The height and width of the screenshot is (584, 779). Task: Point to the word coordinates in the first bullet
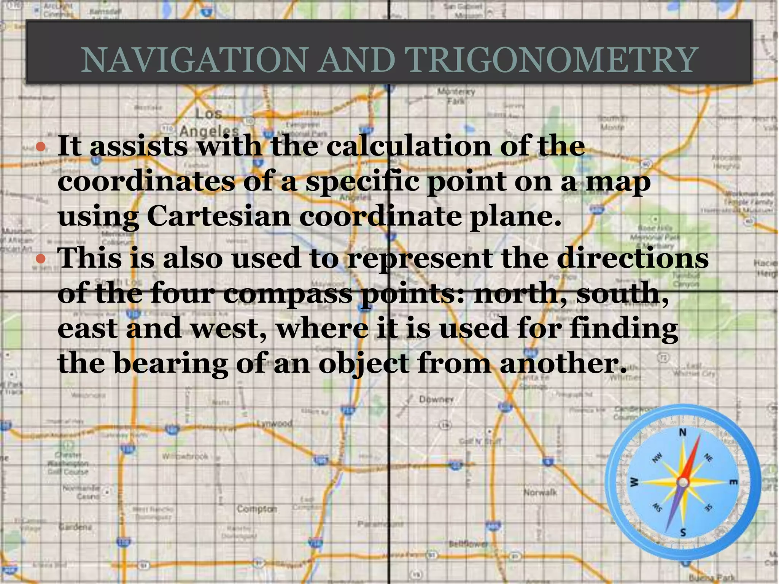[x=146, y=181]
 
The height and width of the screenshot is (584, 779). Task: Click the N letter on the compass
[x=683, y=432]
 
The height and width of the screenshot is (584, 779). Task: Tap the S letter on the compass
[x=683, y=532]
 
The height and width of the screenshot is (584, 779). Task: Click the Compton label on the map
[x=257, y=509]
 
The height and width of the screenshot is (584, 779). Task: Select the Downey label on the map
[x=436, y=399]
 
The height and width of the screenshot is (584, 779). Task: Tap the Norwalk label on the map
[x=540, y=492]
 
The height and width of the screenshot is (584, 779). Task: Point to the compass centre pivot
[x=683, y=482]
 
